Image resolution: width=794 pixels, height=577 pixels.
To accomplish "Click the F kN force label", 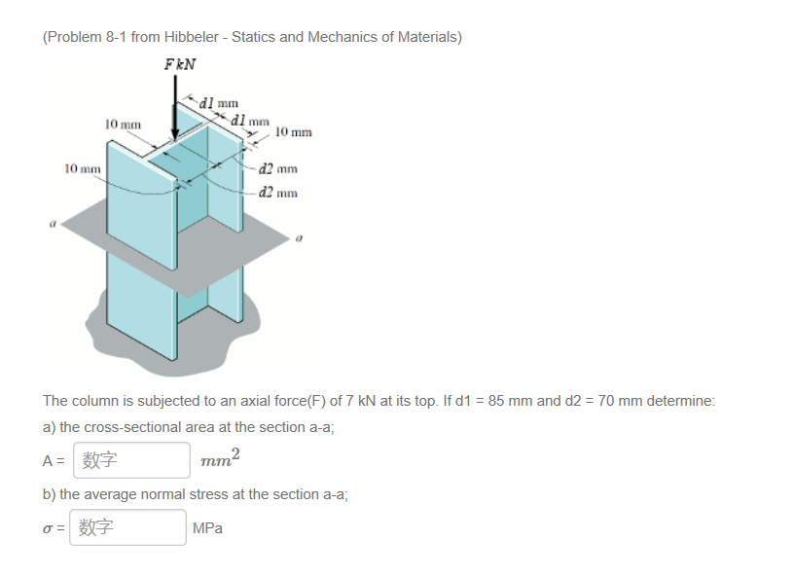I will pyautogui.click(x=180, y=64).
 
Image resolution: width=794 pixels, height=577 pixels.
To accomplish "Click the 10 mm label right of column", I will pyautogui.click(x=293, y=131).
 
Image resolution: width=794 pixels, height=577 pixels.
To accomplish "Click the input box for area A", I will pyautogui.click(x=129, y=460).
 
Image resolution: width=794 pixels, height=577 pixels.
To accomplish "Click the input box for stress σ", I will pyautogui.click(x=127, y=527).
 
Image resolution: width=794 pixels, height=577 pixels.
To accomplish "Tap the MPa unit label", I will pyautogui.click(x=208, y=528).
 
